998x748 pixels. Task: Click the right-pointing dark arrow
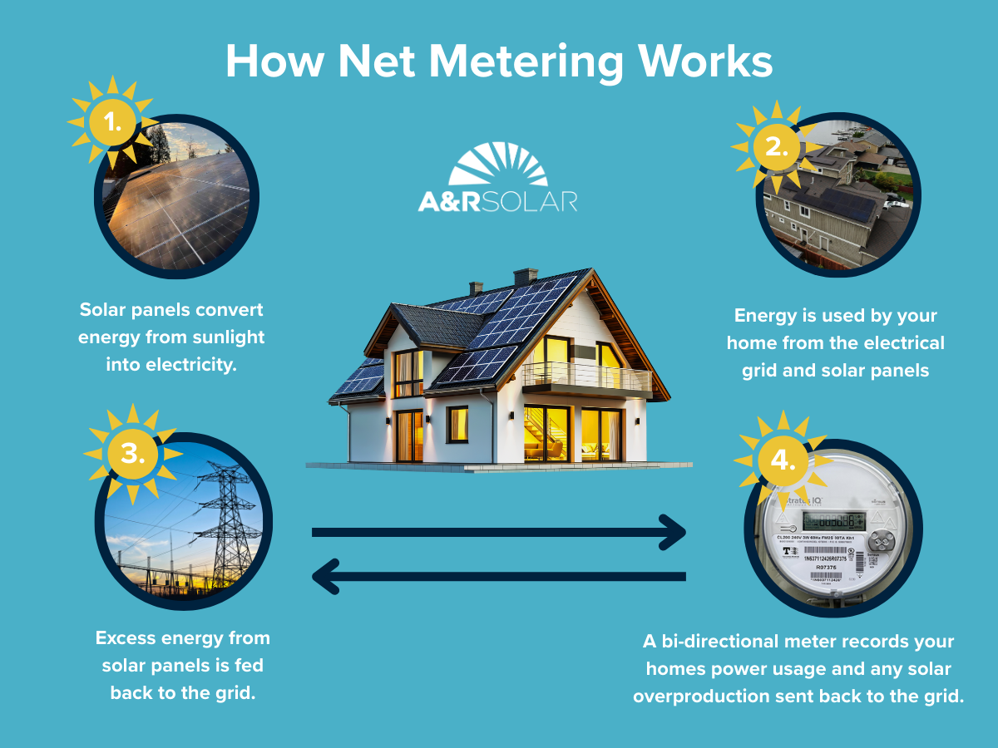click(x=499, y=532)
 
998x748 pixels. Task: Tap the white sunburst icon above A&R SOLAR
click(x=497, y=164)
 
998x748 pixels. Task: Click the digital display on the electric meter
click(x=834, y=520)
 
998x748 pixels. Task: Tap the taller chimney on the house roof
click(x=525, y=278)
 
